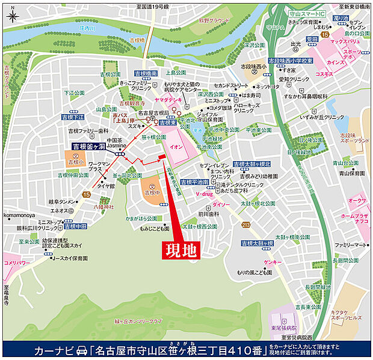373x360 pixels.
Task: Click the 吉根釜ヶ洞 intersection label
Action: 89,146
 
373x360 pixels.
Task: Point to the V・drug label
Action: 204,195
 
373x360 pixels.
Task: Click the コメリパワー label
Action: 16,263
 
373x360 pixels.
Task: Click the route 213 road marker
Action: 245,225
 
